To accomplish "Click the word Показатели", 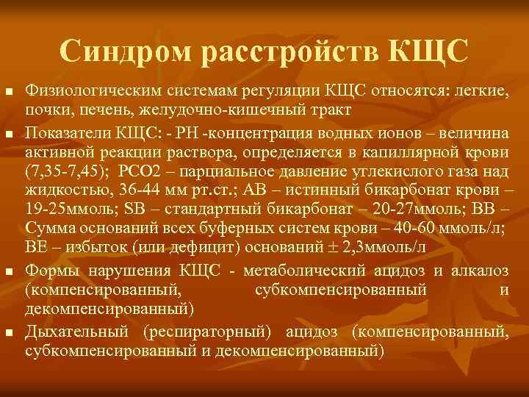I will pyautogui.click(x=62, y=132).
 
